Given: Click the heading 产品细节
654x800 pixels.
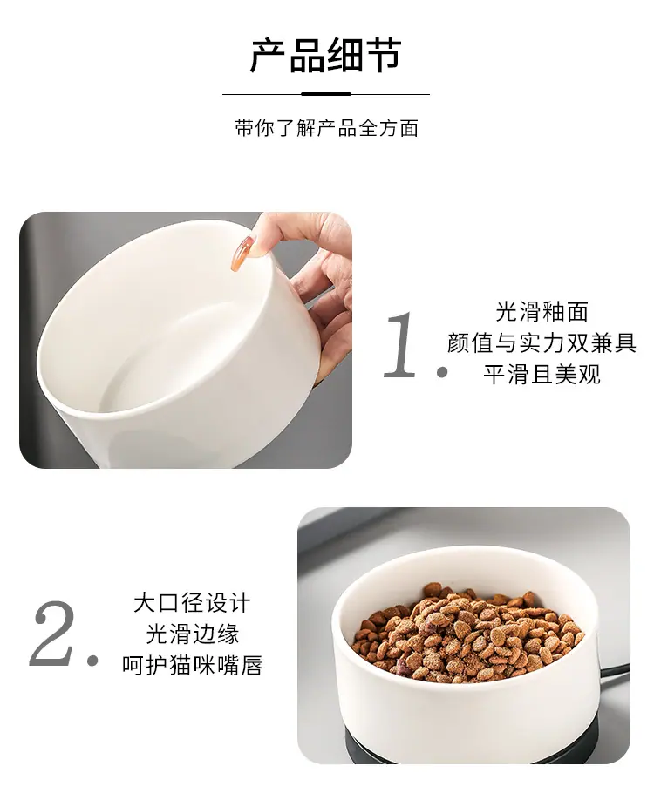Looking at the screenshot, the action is tap(326, 55).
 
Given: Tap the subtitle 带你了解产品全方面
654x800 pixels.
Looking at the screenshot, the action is tap(327, 128).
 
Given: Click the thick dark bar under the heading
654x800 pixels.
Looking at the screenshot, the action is tap(326, 94).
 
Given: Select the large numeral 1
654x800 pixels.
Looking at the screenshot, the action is tap(400, 344).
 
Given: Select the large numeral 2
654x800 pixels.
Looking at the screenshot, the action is tap(52, 634).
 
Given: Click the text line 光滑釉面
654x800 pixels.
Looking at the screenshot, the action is tap(542, 312).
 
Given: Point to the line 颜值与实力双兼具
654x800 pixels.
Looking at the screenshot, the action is tap(542, 342).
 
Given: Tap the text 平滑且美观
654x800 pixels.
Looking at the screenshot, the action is tap(542, 375).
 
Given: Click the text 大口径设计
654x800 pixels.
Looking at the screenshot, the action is tap(193, 603).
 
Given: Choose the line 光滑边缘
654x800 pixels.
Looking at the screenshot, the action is tap(193, 634).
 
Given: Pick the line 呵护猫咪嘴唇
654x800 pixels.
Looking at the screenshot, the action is tap(193, 665).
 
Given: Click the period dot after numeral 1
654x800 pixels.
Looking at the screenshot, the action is tap(442, 373).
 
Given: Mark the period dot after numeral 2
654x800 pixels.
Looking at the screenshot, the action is tap(92, 661).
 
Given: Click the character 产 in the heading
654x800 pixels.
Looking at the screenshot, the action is tap(268, 55).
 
